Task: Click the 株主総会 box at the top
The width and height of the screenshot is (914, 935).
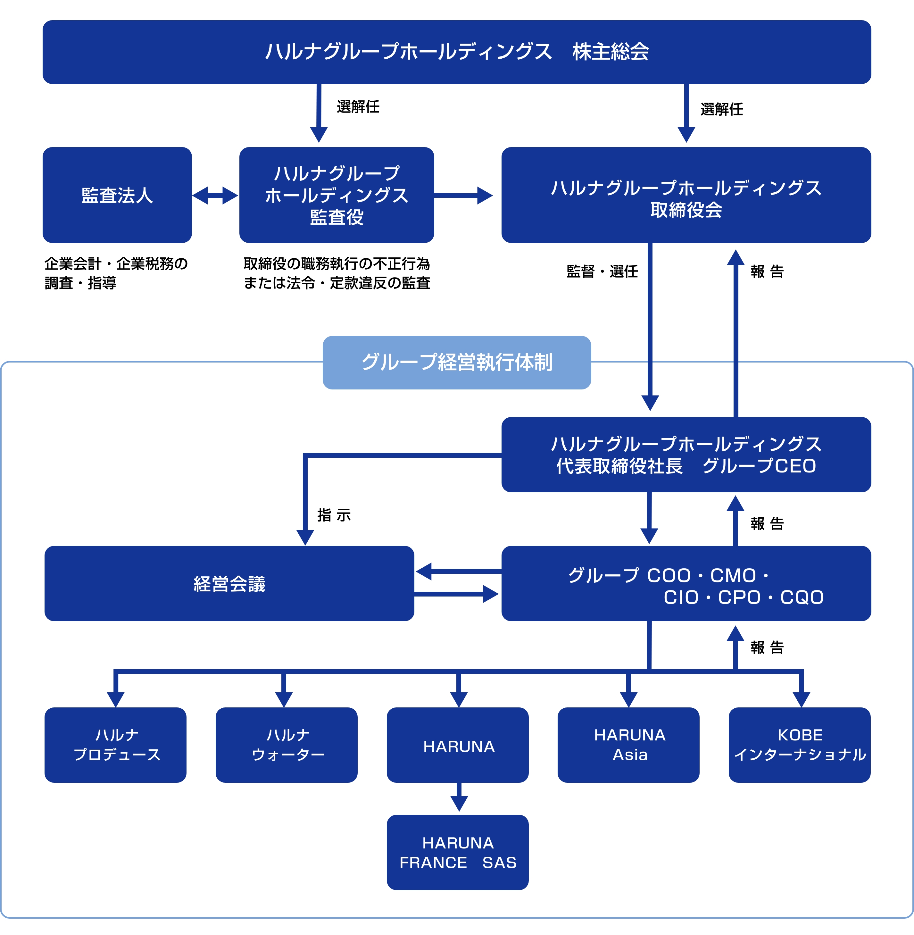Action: [x=457, y=52]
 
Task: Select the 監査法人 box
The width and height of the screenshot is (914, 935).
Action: [x=117, y=195]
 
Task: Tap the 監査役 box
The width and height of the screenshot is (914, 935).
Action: [x=337, y=195]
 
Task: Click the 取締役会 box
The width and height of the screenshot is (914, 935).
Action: [x=686, y=195]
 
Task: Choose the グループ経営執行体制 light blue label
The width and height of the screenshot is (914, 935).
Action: [x=457, y=362]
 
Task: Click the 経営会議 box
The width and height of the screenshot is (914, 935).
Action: [x=229, y=583]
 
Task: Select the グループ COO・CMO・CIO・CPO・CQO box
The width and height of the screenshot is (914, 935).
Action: [x=686, y=583]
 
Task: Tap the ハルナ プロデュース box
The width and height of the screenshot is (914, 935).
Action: [x=115, y=745]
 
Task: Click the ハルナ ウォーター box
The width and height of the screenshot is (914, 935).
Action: [x=287, y=745]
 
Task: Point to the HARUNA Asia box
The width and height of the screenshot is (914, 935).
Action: [x=628, y=745]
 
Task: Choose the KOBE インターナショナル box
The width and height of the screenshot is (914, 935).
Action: [x=799, y=745]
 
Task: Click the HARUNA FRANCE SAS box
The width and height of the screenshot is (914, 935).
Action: [x=457, y=852]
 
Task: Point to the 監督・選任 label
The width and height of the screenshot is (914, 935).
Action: [x=602, y=272]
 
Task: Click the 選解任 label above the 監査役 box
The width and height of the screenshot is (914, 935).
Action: [x=358, y=107]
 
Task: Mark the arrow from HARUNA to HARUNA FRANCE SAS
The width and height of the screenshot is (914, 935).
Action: [x=459, y=797]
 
